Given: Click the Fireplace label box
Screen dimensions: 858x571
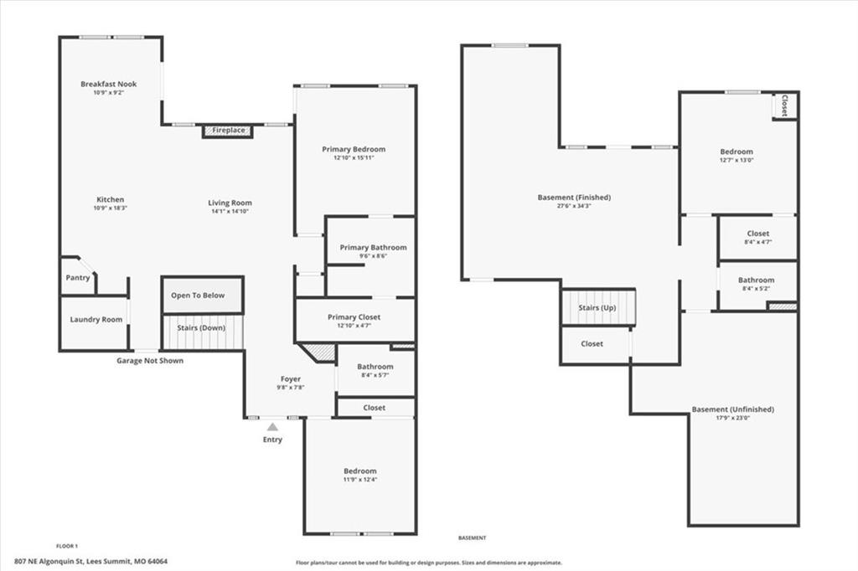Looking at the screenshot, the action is pos(228,131).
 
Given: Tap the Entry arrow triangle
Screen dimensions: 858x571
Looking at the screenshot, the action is pos(272,427).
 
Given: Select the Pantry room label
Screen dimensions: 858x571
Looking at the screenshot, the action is pos(78,278).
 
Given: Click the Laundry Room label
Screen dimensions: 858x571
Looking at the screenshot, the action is pos(96,320).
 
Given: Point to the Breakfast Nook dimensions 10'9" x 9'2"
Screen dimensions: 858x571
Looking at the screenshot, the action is pos(108,93).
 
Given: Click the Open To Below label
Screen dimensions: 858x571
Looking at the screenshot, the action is pos(198,296).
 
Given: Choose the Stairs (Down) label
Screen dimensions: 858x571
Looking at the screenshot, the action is pos(201,328).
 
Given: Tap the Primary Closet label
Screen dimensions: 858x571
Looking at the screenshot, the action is pos(354,317).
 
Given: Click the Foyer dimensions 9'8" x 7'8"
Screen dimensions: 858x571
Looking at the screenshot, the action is pos(291,388).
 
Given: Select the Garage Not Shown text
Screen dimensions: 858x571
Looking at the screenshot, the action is pos(150,360).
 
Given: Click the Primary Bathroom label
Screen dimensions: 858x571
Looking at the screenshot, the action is pos(373,248).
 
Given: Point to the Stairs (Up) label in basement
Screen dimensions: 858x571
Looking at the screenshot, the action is pos(597,308).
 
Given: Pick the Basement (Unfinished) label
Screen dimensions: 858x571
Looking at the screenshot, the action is pos(732,409).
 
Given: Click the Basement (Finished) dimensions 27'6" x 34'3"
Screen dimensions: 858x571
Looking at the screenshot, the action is pos(574,206).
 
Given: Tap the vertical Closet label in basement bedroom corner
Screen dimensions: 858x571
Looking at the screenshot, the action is pos(784,105).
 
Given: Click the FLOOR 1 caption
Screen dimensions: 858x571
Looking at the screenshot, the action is pos(67,546).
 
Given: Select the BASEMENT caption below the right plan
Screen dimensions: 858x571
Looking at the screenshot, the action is pos(472,538).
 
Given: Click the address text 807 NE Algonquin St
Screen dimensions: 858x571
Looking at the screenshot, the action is pos(49,561).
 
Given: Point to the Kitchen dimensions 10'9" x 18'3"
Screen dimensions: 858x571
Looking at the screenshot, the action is pos(110,208).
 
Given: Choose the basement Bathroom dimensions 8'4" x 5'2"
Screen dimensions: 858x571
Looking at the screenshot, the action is pos(756,289).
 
